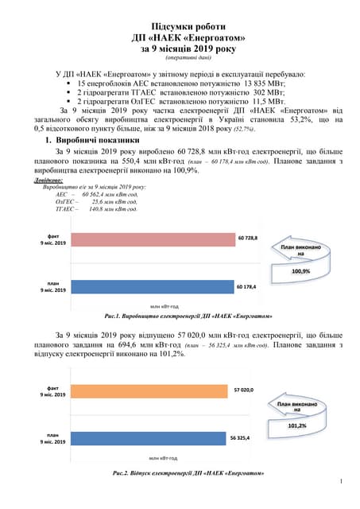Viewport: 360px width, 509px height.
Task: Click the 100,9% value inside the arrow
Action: click(x=301, y=271)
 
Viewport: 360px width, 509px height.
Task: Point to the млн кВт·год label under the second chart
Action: click(x=162, y=458)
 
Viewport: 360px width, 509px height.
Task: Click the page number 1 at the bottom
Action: click(x=340, y=481)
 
